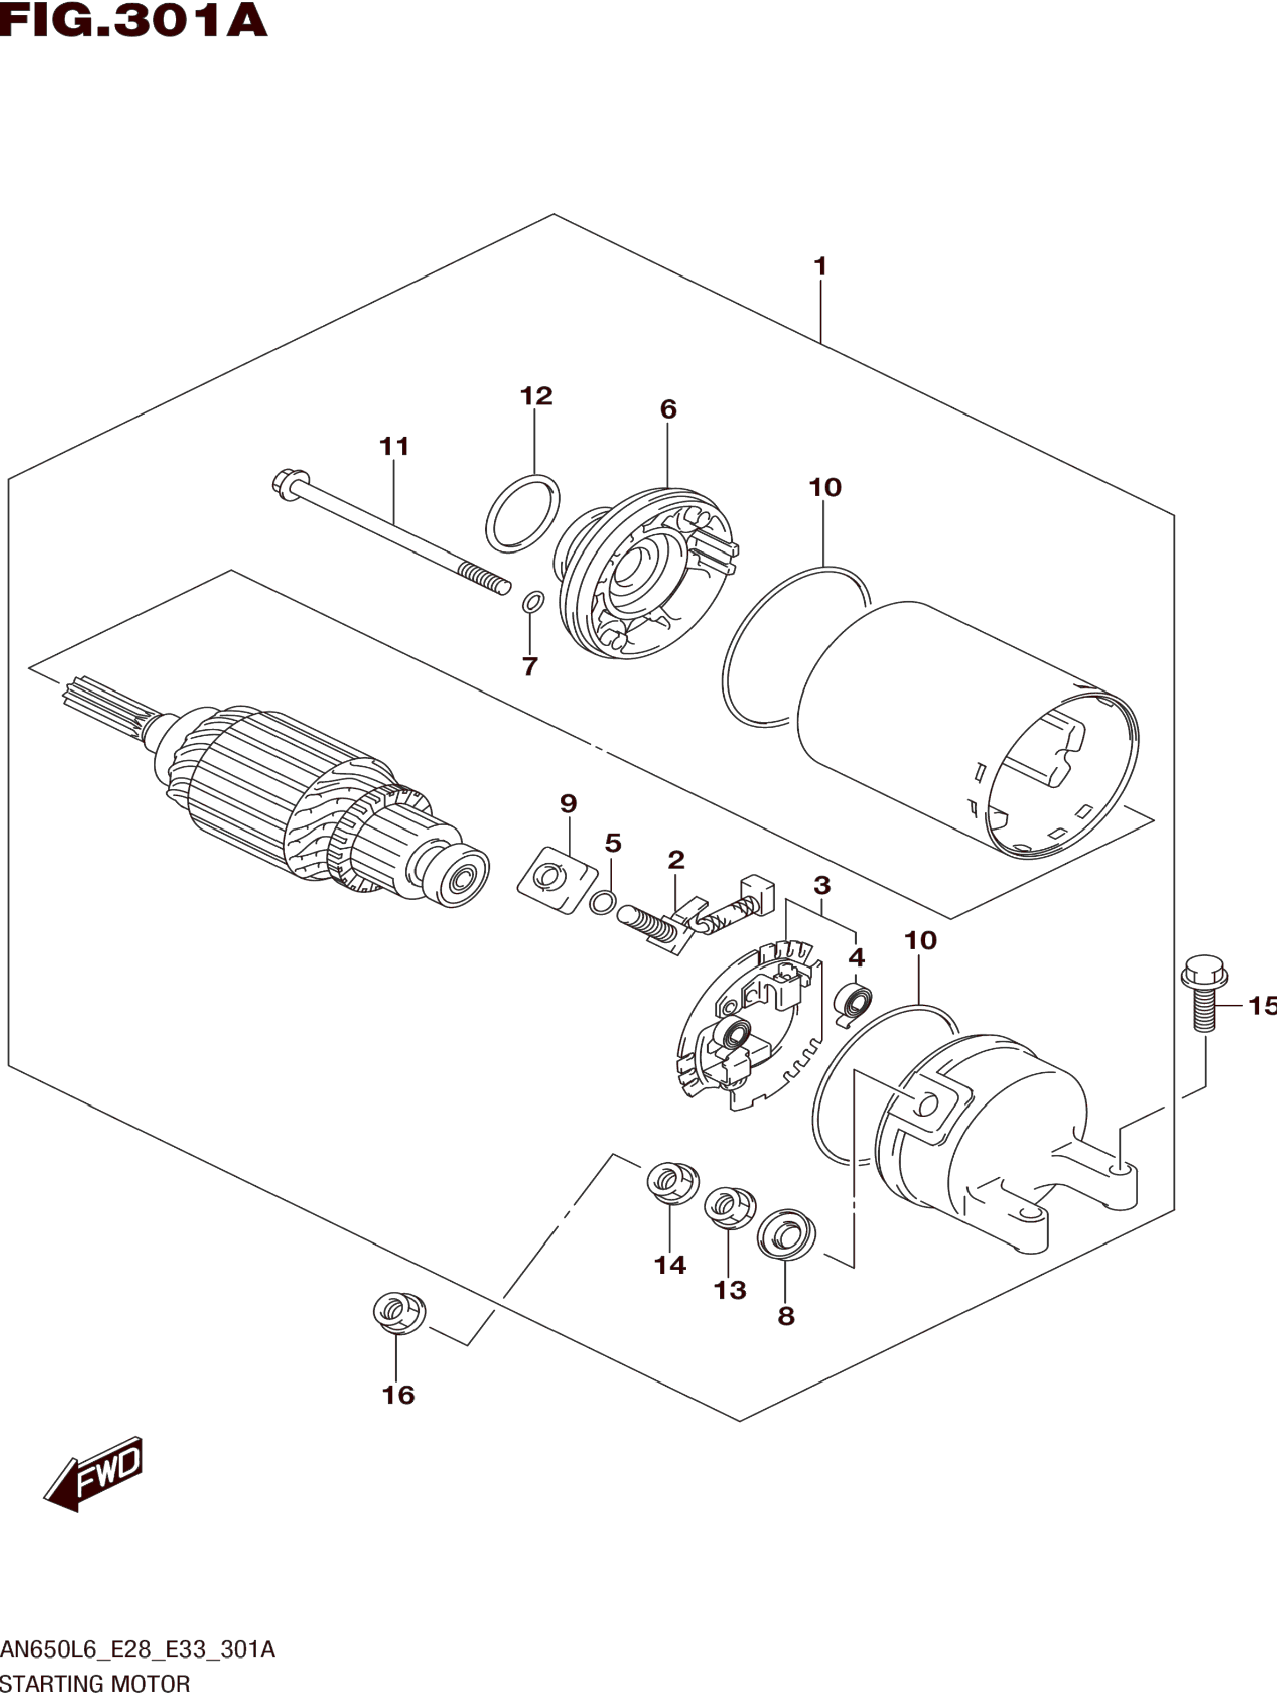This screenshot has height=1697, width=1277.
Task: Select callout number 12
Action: [x=536, y=396]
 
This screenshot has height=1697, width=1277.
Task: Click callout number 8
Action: [x=786, y=1315]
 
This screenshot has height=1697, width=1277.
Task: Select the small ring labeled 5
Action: [x=603, y=902]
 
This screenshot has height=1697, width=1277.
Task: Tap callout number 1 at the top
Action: [x=820, y=266]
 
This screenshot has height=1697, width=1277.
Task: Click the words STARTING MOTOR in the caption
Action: [x=95, y=1684]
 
